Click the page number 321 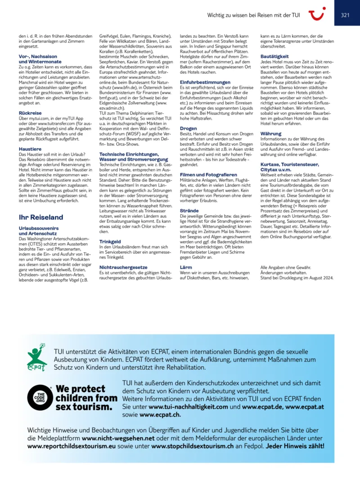point(345,15)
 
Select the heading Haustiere point(30,148)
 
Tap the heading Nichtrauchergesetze point(123,267)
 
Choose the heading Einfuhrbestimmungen point(205,83)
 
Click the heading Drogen point(188,128)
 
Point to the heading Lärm point(186,267)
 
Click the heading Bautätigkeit point(274,56)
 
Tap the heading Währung point(271,134)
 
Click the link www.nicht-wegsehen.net point(118,438)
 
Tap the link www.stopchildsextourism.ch point(193,446)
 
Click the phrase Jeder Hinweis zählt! point(295,446)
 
